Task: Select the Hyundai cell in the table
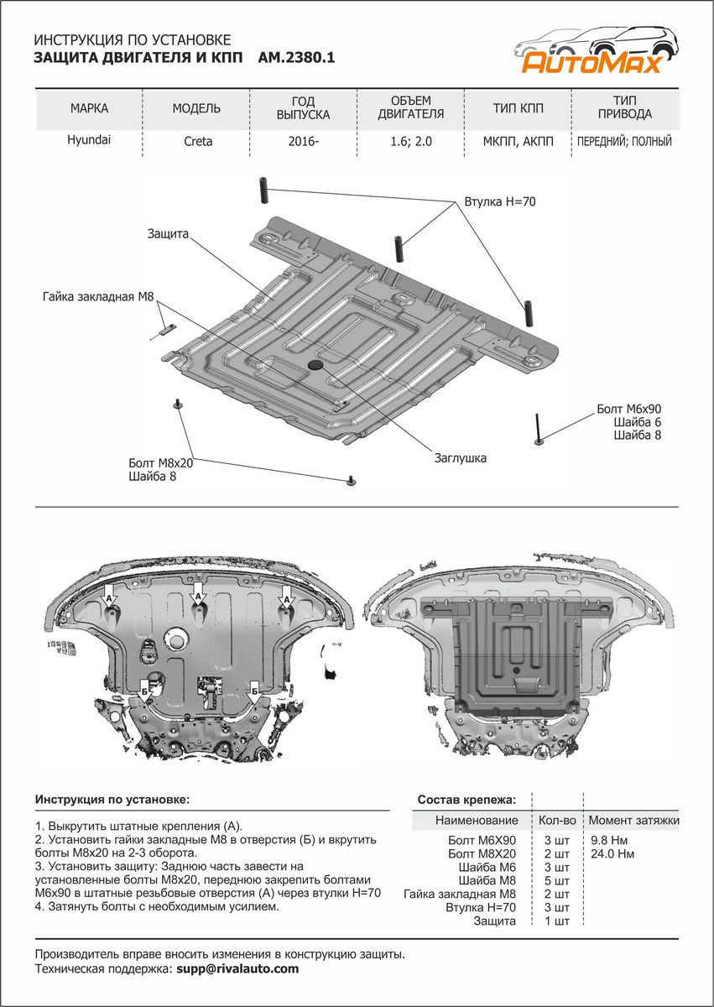89,141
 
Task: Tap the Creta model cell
198,142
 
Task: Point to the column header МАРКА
89,109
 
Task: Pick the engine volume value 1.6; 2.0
410,142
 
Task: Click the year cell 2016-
303,142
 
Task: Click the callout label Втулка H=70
499,202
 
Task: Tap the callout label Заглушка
460,458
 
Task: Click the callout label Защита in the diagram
166,234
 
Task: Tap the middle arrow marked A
199,597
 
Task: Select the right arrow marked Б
253,691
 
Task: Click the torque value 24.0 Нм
612,853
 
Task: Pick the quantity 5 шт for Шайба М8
556,880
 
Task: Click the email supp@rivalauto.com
237,968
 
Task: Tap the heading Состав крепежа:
466,800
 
